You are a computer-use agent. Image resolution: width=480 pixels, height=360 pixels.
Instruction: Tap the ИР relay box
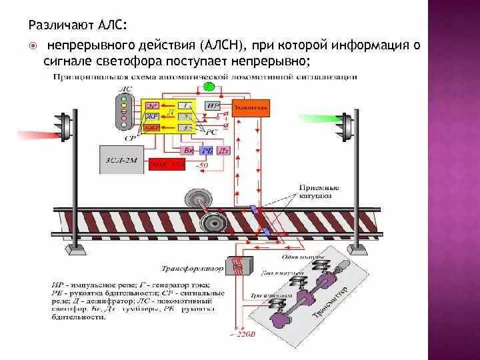point(212,105)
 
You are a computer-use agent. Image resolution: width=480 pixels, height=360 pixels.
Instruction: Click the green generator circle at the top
point(209,87)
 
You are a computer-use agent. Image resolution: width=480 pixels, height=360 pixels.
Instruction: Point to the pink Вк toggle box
point(188,151)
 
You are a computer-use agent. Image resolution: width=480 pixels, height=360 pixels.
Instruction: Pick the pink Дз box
point(223,151)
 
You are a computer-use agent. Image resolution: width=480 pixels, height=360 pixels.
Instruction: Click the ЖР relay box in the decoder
point(153,115)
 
